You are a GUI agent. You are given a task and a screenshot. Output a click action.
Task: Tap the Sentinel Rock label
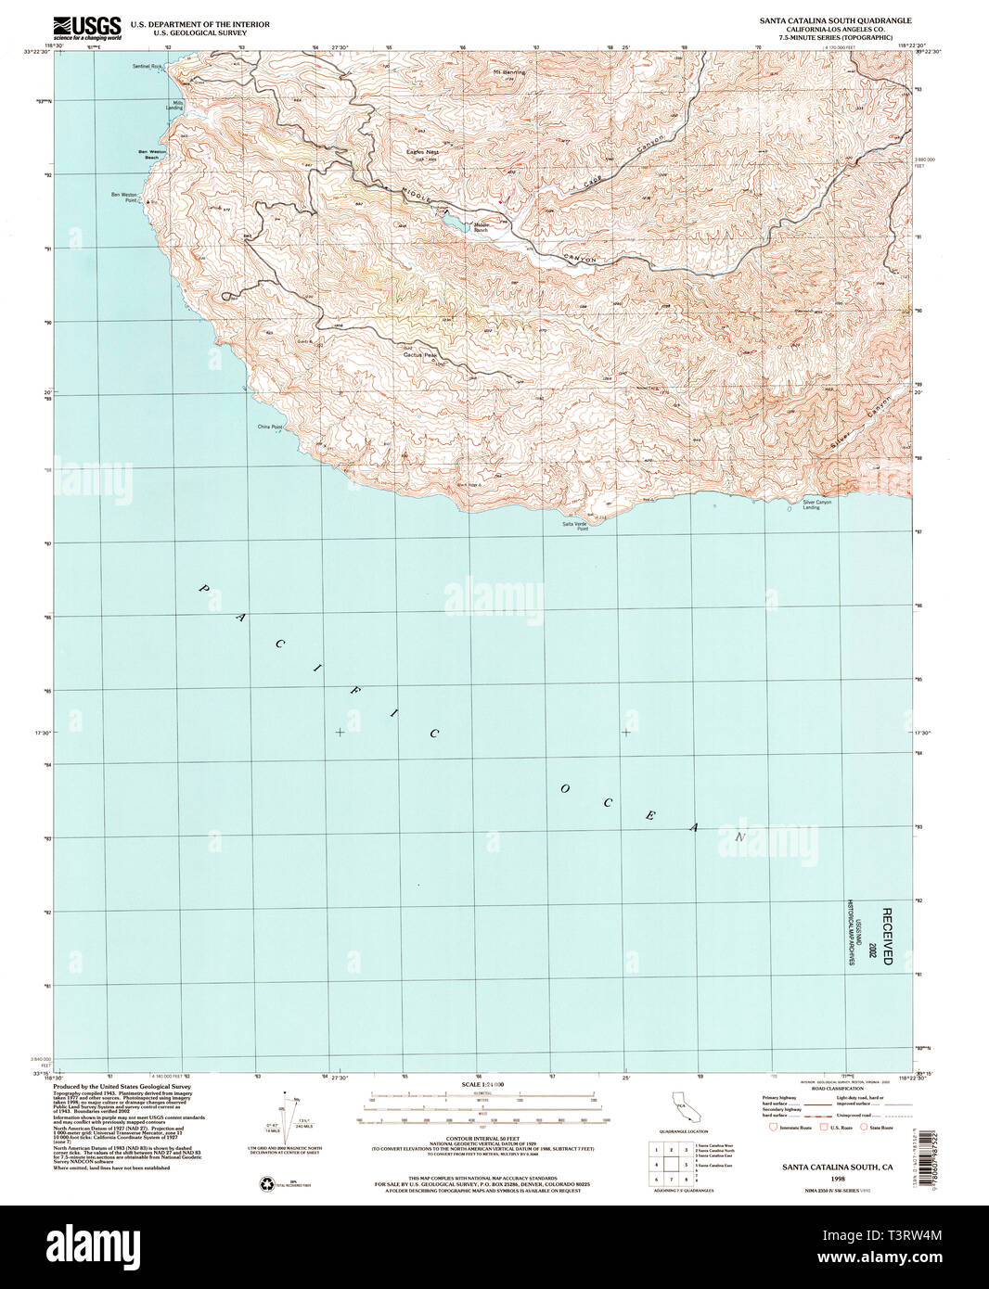[x=148, y=66]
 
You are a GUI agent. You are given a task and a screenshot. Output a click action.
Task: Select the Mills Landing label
[x=173, y=105]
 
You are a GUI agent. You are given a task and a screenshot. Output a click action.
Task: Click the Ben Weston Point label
[x=123, y=197]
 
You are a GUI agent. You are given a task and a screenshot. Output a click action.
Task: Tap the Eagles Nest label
[x=421, y=151]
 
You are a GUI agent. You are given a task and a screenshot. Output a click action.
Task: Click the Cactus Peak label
[x=419, y=354]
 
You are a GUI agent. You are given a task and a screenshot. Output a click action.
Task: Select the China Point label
[x=270, y=428]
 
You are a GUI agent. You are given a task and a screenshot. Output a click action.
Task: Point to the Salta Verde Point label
[x=575, y=526]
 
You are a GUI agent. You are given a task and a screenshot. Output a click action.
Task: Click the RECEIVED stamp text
[x=887, y=937]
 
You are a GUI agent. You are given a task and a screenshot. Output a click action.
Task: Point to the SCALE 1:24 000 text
[x=482, y=1084]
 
